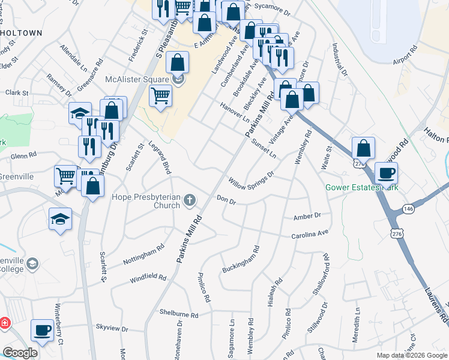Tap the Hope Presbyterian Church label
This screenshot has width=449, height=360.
click(x=146, y=201)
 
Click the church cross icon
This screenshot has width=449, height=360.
click(x=190, y=200)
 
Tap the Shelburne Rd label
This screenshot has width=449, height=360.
click(x=179, y=314)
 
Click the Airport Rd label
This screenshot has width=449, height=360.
click(x=405, y=58)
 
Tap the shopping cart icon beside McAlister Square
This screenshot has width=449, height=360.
click(x=160, y=95)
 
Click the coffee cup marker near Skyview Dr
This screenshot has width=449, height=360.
click(x=42, y=330)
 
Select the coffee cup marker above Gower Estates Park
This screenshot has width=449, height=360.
click(x=386, y=173)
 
